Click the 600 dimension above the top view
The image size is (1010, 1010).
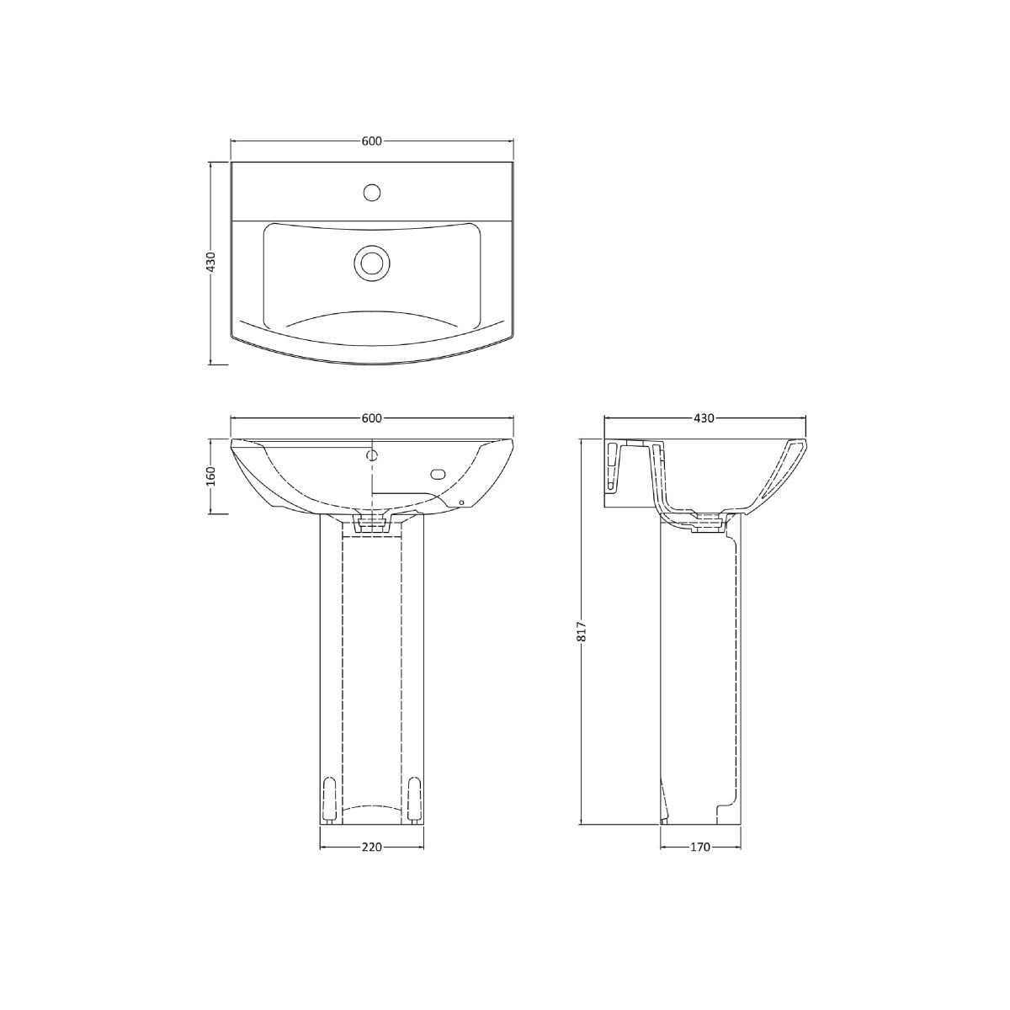[371, 141]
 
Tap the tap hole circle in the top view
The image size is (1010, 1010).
[372, 193]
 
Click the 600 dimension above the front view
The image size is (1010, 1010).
[371, 417]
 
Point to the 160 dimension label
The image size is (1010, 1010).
[210, 476]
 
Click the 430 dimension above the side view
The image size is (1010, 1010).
[704, 417]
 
